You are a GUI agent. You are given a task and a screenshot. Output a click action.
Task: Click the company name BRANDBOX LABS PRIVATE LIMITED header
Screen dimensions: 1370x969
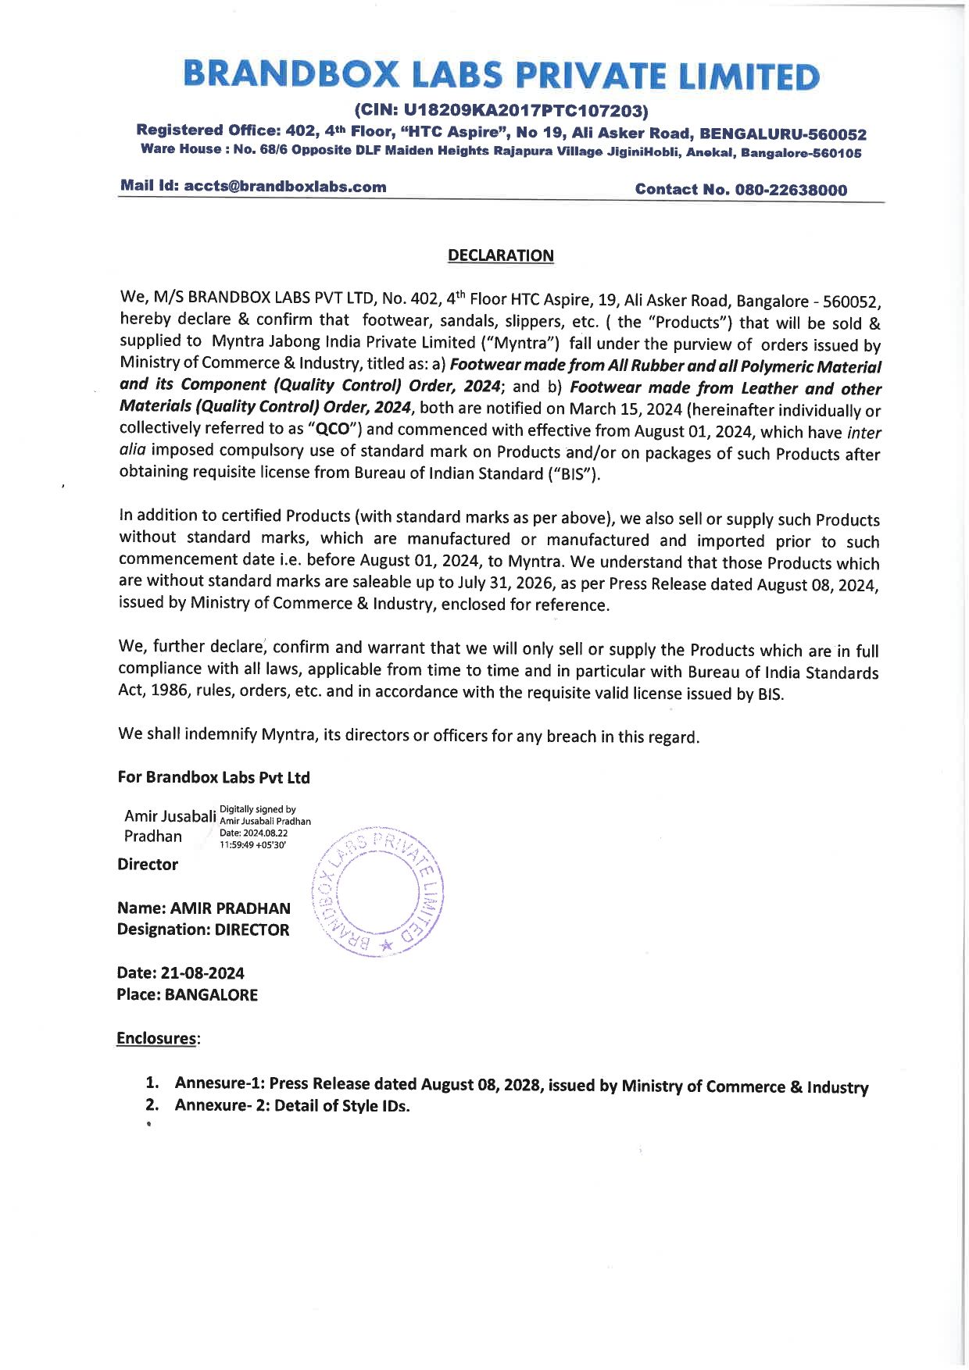click(x=501, y=76)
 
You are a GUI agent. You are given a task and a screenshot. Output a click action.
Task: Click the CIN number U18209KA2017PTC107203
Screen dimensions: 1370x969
click(x=502, y=110)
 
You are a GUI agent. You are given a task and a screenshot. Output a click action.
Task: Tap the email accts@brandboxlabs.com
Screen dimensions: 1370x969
click(x=284, y=187)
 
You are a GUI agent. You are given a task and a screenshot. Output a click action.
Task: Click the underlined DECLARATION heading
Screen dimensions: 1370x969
click(x=500, y=255)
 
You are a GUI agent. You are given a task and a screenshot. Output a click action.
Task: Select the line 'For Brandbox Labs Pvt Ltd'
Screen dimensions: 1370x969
click(x=213, y=777)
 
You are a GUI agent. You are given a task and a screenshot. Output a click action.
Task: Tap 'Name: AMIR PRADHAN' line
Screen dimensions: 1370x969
click(x=203, y=908)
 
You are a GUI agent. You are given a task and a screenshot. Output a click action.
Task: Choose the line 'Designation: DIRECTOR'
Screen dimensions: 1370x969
click(x=203, y=929)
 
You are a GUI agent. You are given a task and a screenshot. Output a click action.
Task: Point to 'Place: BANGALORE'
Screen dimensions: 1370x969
click(x=187, y=994)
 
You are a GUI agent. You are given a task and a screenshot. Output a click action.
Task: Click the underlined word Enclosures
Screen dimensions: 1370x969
click(x=156, y=1038)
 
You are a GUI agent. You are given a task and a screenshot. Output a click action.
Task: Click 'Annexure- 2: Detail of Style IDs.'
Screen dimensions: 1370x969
click(x=291, y=1106)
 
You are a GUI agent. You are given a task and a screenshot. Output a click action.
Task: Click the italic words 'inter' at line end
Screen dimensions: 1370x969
click(x=864, y=433)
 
